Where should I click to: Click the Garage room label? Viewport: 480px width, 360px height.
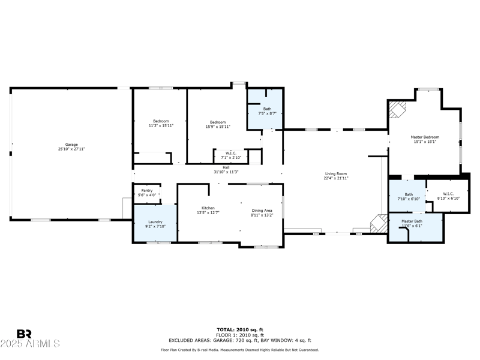[x=71, y=145]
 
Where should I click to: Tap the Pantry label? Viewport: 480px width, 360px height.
[x=147, y=191]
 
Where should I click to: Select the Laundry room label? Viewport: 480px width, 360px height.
[x=155, y=223]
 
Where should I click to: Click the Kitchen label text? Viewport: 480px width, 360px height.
[x=208, y=208]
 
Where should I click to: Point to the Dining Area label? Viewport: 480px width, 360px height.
[x=262, y=211]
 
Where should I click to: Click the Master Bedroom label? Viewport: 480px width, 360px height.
[x=424, y=137]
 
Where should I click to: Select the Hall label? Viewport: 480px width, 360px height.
[x=226, y=168]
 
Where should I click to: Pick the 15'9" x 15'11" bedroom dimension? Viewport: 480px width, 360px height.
[x=217, y=126]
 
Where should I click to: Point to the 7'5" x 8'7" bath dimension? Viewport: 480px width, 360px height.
[x=267, y=113]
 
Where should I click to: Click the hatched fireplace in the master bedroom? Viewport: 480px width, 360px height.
[x=397, y=109]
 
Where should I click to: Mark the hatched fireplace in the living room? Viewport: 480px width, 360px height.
[x=378, y=224]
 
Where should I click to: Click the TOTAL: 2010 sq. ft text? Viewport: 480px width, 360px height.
[x=239, y=329]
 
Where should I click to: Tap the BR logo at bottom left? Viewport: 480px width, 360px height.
[x=24, y=334]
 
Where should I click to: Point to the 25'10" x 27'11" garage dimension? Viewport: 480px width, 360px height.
[x=71, y=149]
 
